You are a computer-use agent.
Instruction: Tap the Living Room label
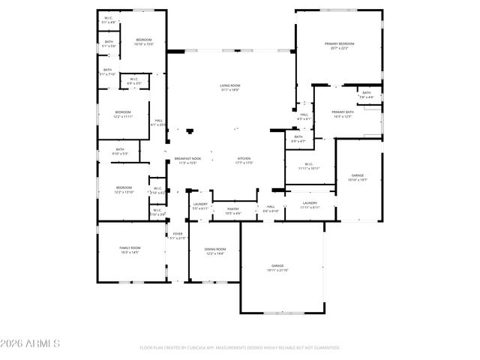[x=229, y=88]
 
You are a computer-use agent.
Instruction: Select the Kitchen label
[x=244, y=160]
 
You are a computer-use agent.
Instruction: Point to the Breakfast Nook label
[x=187, y=160]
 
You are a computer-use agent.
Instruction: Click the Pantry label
[x=233, y=211]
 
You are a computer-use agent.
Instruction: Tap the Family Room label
[x=130, y=249]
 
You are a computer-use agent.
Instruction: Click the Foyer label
[x=178, y=235]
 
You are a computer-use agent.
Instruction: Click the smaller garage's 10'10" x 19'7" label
[x=358, y=178]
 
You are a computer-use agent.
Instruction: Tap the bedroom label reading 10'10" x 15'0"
[x=144, y=41]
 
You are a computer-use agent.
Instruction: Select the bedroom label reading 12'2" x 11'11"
[x=123, y=114]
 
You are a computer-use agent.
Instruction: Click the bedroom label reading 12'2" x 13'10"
[x=124, y=190]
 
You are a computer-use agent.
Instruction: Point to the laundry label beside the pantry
[x=200, y=205]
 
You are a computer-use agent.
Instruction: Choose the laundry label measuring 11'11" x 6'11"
[x=310, y=205]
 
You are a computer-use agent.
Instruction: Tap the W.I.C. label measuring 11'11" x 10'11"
[x=309, y=166]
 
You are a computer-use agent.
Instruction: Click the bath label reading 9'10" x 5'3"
[x=120, y=151]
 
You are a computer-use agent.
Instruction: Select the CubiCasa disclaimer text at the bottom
[x=240, y=348]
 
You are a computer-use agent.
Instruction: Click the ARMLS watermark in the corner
[x=31, y=344]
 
